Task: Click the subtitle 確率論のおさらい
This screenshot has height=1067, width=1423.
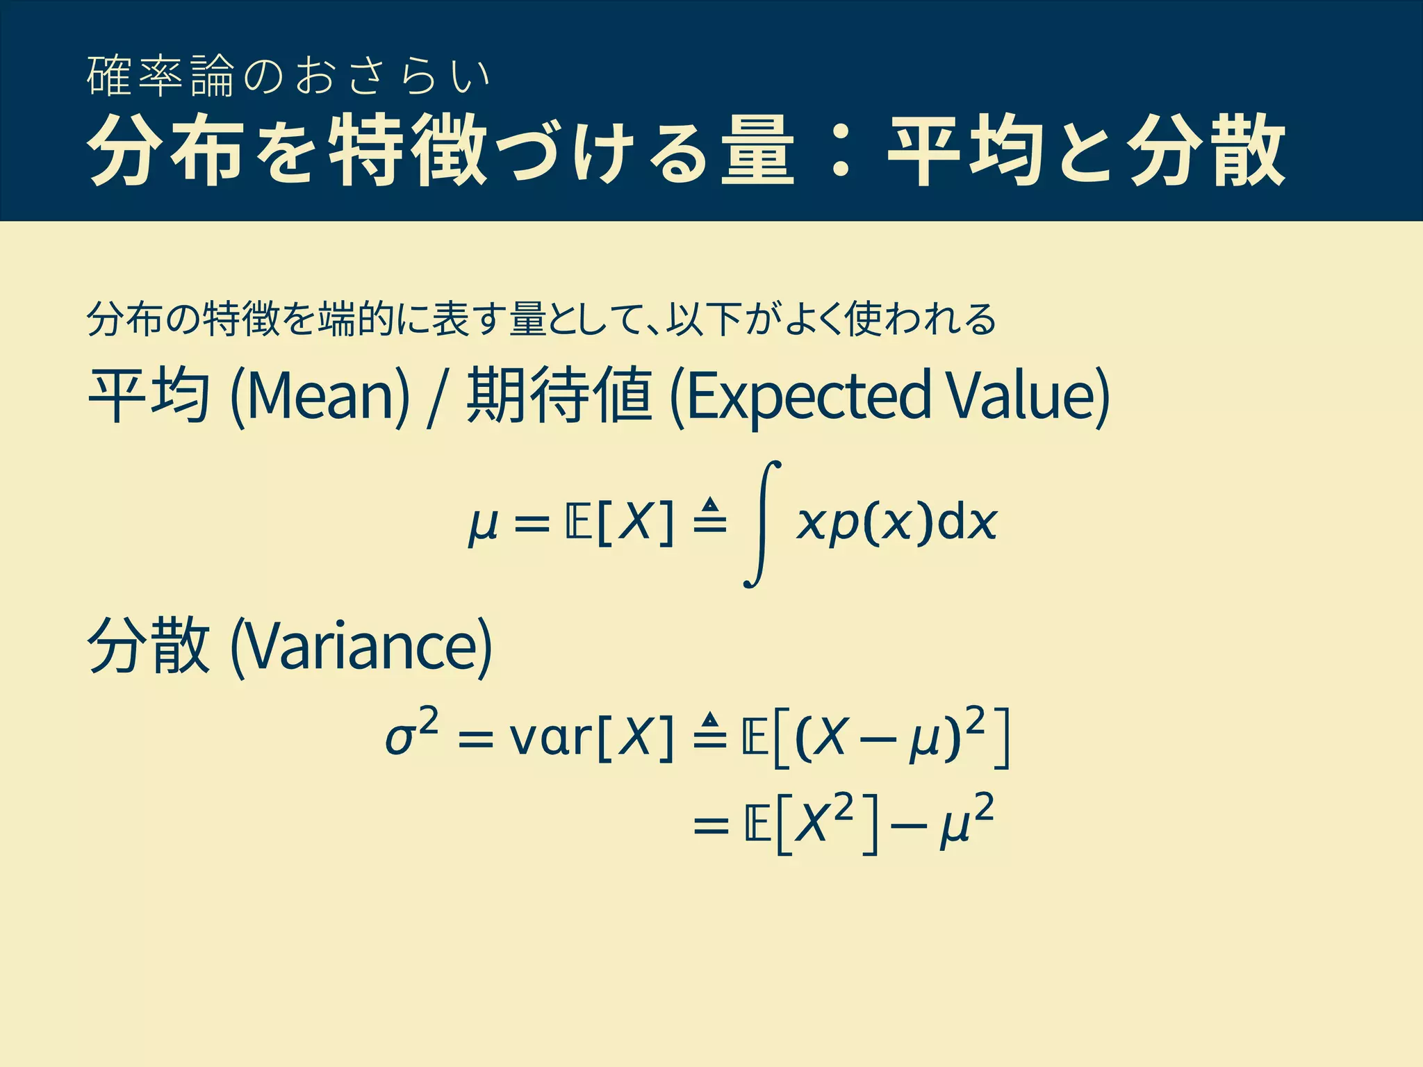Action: pos(288,76)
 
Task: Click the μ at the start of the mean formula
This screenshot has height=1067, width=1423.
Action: pos(484,524)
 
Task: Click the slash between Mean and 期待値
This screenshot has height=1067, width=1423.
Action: pos(436,397)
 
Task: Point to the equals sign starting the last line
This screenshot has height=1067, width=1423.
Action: pos(711,827)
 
